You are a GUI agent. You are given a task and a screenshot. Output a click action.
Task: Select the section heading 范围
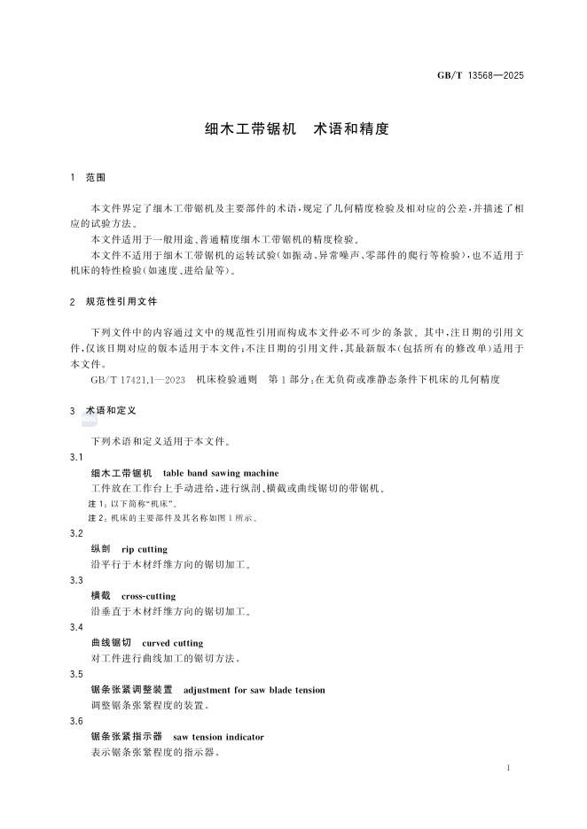coord(96,178)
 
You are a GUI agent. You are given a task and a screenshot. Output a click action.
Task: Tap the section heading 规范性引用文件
coord(121,302)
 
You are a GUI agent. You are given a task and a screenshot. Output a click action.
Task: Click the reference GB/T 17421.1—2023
coord(138,379)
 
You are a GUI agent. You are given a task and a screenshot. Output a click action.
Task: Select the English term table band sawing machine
coord(221,473)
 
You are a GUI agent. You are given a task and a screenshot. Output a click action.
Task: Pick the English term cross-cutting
coord(149,596)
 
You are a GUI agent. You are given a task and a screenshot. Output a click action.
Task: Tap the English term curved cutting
coord(173,643)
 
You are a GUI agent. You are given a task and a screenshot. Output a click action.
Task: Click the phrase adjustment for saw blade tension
coord(254,690)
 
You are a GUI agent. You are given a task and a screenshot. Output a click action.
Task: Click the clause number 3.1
coord(76,457)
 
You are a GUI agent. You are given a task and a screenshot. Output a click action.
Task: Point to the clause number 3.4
coord(76,627)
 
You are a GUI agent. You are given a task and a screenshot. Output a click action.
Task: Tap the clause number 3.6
coord(76,721)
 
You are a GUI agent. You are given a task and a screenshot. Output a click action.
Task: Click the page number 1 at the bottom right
coord(508,767)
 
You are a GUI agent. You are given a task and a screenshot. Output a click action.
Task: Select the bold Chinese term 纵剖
coord(101,549)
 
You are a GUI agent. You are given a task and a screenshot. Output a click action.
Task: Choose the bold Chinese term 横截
coord(101,596)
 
